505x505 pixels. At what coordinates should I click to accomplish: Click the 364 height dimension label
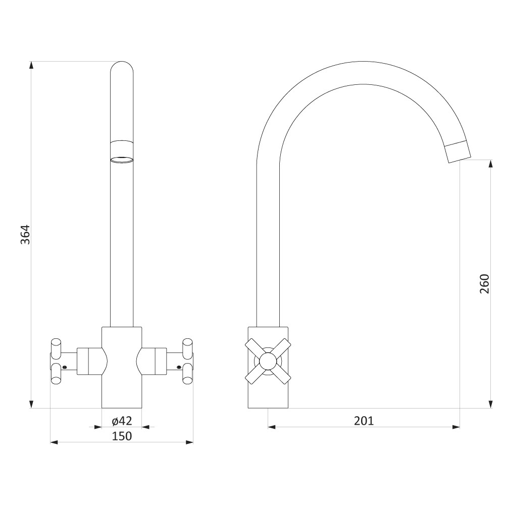(25, 234)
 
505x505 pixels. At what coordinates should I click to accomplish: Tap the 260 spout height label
(484, 283)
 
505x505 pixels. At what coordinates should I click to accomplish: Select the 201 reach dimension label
(364, 421)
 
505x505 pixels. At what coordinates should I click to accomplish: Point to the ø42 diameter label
(122, 421)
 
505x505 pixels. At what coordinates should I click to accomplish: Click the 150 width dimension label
(122, 436)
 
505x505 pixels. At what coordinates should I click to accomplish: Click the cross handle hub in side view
(268, 361)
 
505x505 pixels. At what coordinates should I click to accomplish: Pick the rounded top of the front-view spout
(122, 66)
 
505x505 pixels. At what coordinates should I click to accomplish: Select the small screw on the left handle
(65, 367)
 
